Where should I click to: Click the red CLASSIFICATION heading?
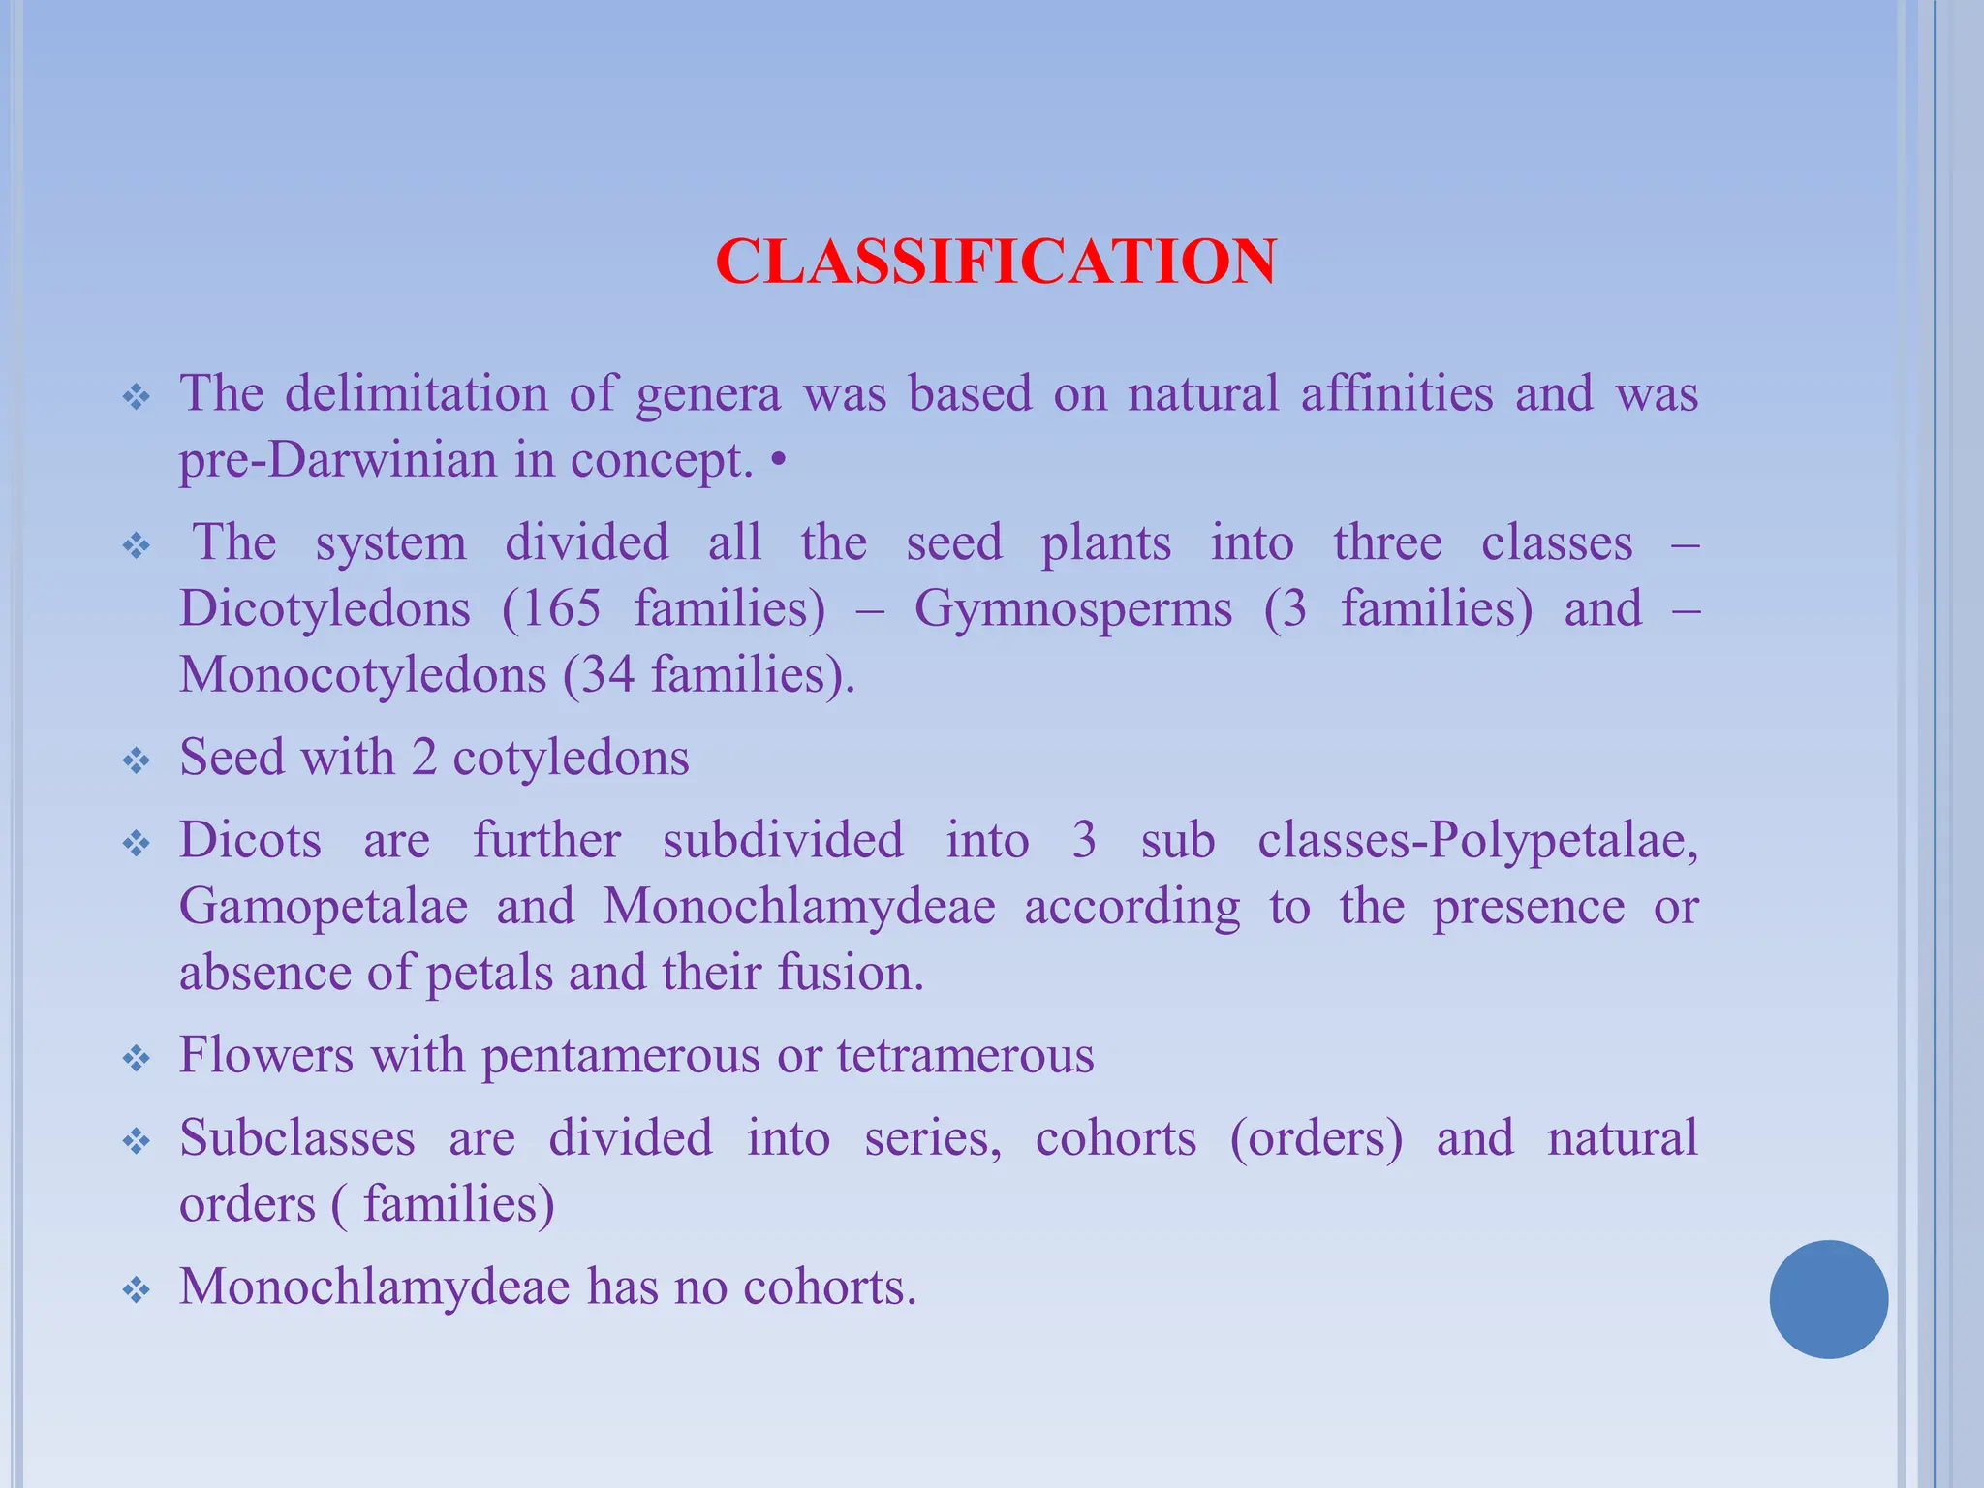pyautogui.click(x=996, y=262)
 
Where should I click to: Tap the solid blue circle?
pyautogui.click(x=1828, y=1299)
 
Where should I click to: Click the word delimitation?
pyautogui.click(x=416, y=393)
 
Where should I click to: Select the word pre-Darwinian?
pyautogui.click(x=338, y=459)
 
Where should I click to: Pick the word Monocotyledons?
pyautogui.click(x=362, y=674)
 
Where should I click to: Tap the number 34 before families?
pyautogui.click(x=608, y=674)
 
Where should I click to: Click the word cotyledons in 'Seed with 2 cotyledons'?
pyautogui.click(x=571, y=758)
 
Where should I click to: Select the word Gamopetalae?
pyautogui.click(x=324, y=907)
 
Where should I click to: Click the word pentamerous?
pyautogui.click(x=620, y=1055)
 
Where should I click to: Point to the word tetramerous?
pyautogui.click(x=966, y=1055)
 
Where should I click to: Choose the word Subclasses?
pyautogui.click(x=297, y=1138)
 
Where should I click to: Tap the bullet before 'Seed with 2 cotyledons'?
pyautogui.click(x=137, y=760)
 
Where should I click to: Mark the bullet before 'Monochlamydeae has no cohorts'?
pyautogui.click(x=137, y=1289)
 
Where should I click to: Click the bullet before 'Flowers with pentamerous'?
pyautogui.click(x=137, y=1058)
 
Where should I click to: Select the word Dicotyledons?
pyautogui.click(x=325, y=609)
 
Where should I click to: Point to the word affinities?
pyautogui.click(x=1397, y=393)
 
